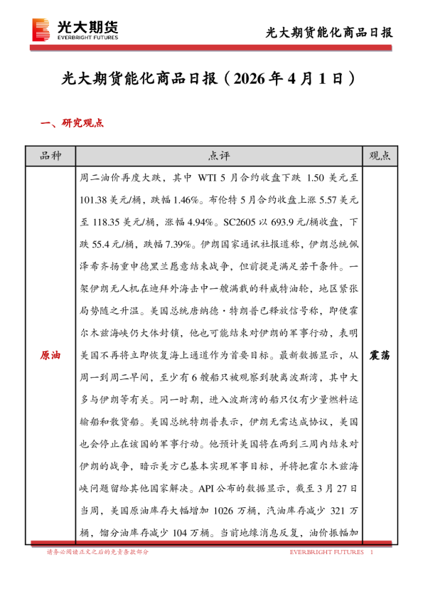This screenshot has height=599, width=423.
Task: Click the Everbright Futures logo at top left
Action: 75,31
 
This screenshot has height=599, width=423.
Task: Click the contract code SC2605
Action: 242,222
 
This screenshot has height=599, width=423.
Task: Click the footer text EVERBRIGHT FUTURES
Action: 326,552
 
